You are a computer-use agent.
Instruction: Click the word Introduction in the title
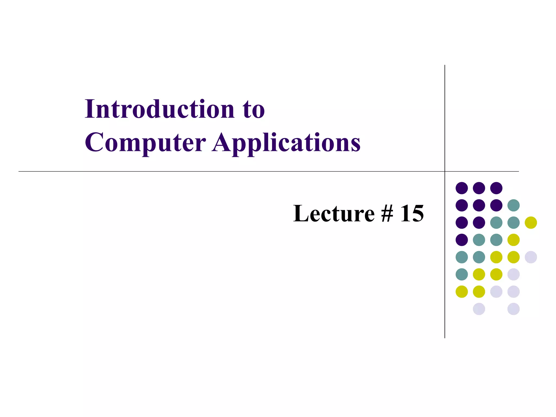(x=160, y=109)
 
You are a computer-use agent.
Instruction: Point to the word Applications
(x=286, y=143)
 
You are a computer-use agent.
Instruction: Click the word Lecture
(x=334, y=213)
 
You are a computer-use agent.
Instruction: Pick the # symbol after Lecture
(x=387, y=213)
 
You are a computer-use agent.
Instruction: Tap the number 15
(x=412, y=213)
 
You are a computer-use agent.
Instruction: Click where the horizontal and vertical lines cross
(x=445, y=171)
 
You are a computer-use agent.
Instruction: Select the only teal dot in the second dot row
(x=513, y=205)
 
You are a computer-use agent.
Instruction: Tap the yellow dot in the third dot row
(x=531, y=223)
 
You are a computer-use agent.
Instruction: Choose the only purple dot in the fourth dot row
(x=462, y=240)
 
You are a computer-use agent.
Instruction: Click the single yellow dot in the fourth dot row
(x=513, y=240)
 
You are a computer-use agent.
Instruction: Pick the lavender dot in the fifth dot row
(x=531, y=257)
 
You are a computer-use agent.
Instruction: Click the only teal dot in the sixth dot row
(x=462, y=274)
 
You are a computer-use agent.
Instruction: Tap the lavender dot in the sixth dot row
(x=513, y=274)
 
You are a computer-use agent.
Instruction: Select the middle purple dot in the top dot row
(x=479, y=188)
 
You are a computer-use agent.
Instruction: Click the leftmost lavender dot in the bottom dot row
(x=479, y=309)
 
